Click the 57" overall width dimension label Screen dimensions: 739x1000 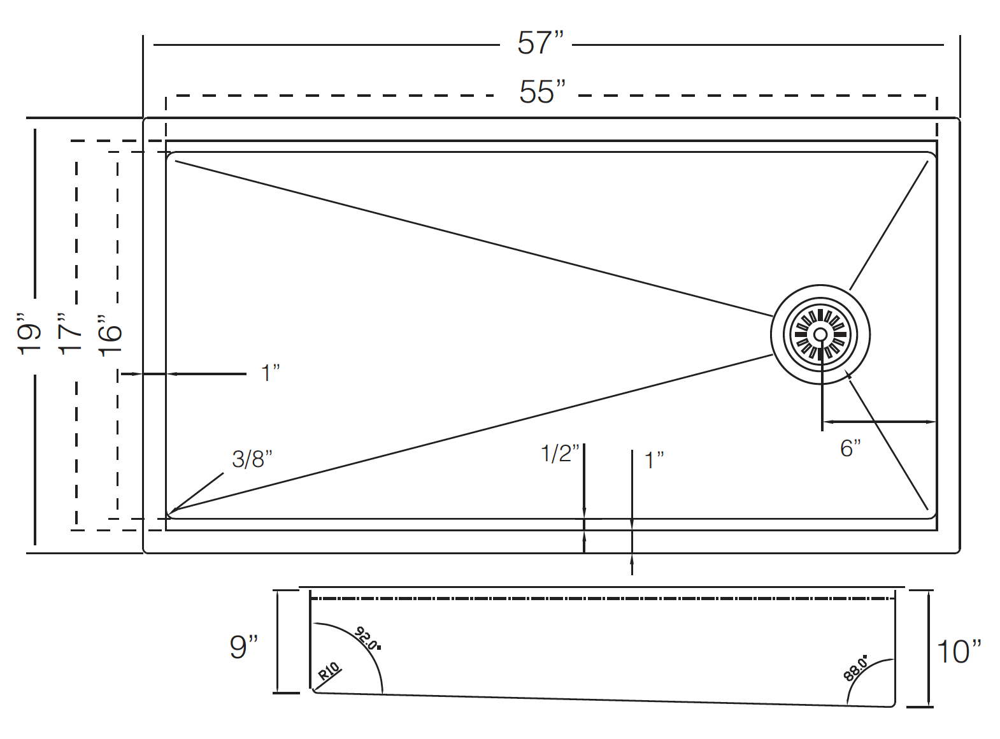540,43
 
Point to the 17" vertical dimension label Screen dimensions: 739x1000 69,333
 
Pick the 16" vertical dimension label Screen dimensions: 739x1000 110,336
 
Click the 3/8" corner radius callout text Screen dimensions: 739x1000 252,459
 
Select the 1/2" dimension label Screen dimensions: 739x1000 560,454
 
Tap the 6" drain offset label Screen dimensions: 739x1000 850,448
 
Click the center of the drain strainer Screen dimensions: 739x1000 820,334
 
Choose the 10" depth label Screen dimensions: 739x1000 959,651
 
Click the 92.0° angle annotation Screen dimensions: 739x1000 368,638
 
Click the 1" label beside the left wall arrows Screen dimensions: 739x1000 271,373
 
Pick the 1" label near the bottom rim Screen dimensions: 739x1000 654,460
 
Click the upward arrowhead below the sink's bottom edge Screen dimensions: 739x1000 632,557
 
